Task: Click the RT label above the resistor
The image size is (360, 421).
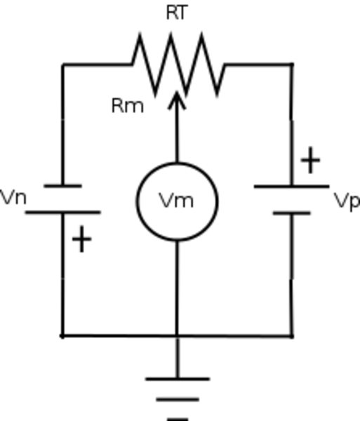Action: click(176, 13)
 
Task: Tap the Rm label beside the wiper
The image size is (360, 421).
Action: click(128, 106)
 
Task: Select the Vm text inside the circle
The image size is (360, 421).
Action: click(176, 201)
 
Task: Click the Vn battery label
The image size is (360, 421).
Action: click(13, 198)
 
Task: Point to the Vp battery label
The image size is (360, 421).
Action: click(347, 201)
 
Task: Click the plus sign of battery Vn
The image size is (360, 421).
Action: click(82, 239)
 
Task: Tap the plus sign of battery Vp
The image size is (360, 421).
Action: click(311, 160)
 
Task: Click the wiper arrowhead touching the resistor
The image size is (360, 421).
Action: click(177, 100)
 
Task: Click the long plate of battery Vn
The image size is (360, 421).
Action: click(63, 213)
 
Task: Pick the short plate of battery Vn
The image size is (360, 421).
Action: click(63, 185)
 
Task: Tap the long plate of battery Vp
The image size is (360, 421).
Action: click(292, 186)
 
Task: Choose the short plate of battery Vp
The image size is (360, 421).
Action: click(292, 213)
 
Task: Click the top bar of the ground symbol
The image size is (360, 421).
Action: click(178, 379)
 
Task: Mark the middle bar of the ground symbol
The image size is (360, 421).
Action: click(178, 399)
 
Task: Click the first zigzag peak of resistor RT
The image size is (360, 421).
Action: click(140, 33)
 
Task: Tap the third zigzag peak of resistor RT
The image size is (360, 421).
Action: click(201, 33)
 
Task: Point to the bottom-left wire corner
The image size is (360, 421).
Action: click(62, 336)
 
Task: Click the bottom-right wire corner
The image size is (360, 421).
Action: click(292, 336)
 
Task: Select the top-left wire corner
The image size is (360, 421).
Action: click(63, 65)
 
